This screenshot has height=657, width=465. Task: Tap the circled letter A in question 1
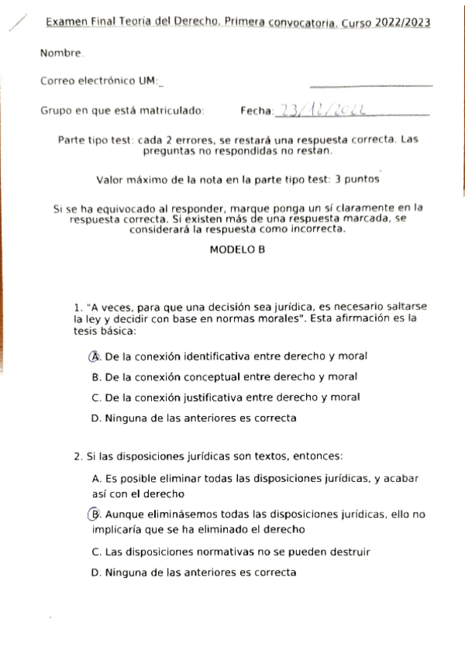(x=95, y=356)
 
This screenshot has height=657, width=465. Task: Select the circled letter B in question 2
(x=95, y=514)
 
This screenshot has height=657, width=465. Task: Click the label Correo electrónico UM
(x=99, y=81)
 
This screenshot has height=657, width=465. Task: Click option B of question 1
(x=224, y=377)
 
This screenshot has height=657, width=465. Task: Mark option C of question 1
(x=226, y=397)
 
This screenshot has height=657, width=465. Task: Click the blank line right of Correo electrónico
(x=370, y=85)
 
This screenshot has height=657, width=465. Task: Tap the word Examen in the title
(x=67, y=23)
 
